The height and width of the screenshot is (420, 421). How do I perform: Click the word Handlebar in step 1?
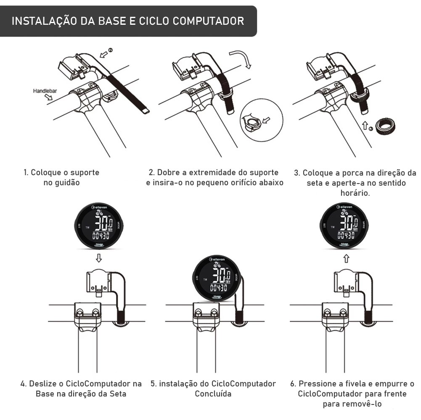(x=45, y=90)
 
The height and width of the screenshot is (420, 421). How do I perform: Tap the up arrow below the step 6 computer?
(x=346, y=257)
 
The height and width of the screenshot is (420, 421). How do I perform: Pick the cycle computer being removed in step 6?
(x=345, y=227)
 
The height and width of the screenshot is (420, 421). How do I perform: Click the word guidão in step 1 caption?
(x=61, y=183)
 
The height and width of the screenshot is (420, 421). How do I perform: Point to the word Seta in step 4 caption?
(x=117, y=394)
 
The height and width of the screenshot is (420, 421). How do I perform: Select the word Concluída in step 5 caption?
(x=213, y=394)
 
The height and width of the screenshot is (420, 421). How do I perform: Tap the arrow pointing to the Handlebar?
(x=46, y=97)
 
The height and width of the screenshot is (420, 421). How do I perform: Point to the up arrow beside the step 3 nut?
(x=365, y=124)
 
